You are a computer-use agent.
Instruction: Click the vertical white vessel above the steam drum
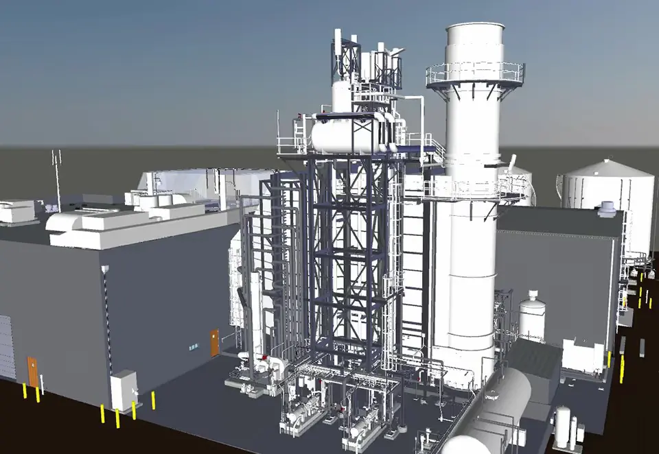point(342,95)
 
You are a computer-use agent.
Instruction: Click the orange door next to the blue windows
point(214,342)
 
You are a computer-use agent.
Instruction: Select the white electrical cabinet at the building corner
point(124,390)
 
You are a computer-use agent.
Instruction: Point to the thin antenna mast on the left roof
point(57,180)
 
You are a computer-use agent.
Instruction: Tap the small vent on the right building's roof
point(606,208)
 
